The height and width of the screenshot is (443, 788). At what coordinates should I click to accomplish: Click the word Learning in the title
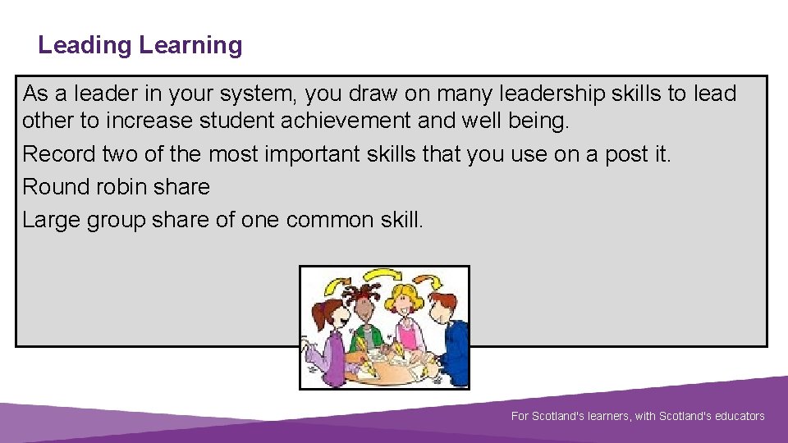pos(191,45)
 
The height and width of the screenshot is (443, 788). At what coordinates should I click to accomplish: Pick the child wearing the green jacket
pos(364,328)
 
